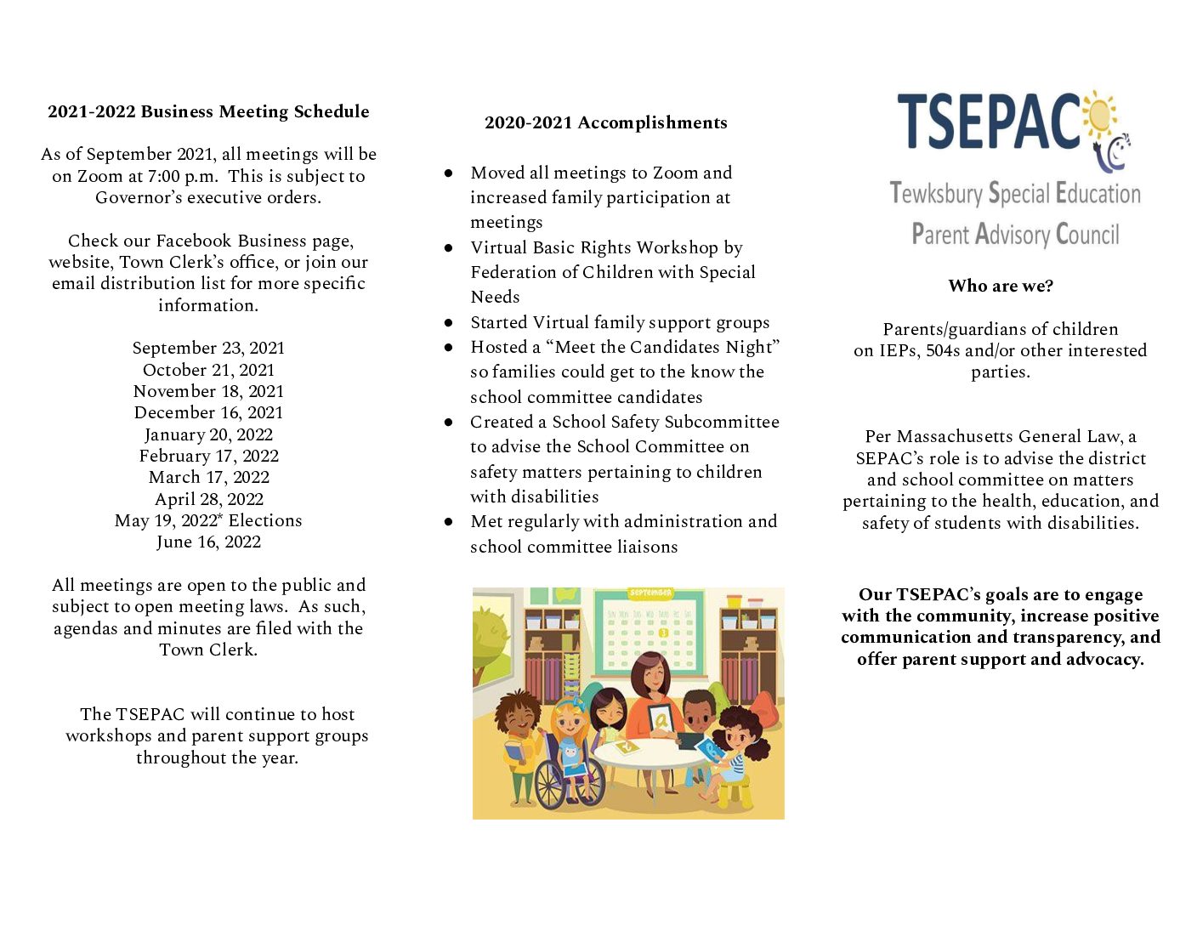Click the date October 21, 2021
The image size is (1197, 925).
208,370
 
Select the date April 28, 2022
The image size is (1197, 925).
208,499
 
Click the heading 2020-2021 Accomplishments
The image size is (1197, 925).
605,122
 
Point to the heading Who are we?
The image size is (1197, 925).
1001,286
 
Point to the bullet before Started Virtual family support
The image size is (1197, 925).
448,323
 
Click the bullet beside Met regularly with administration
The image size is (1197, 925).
448,522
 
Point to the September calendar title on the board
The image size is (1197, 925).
650,593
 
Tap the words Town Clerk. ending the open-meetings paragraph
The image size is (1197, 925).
208,650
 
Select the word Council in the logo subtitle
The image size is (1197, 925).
1087,234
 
